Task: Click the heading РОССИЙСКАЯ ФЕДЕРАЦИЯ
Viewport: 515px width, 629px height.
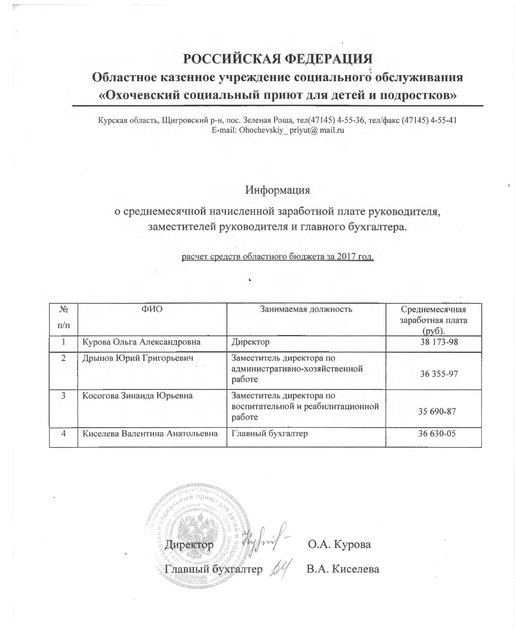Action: click(x=278, y=59)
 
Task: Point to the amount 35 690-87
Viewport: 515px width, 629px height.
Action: click(x=437, y=411)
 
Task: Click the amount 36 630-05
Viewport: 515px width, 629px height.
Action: click(x=437, y=433)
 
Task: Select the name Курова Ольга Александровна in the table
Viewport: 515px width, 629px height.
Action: click(x=142, y=342)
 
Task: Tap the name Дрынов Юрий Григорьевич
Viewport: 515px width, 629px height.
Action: click(x=138, y=358)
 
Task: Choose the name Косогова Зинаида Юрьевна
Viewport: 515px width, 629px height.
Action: click(x=138, y=396)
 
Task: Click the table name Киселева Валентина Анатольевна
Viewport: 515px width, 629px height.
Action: click(x=150, y=433)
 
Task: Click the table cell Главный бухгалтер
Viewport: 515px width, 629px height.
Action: click(x=269, y=433)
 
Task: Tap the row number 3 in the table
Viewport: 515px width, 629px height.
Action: click(x=63, y=396)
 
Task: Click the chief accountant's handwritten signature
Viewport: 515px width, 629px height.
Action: click(x=280, y=567)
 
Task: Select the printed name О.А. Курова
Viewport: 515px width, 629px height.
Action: click(x=339, y=544)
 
